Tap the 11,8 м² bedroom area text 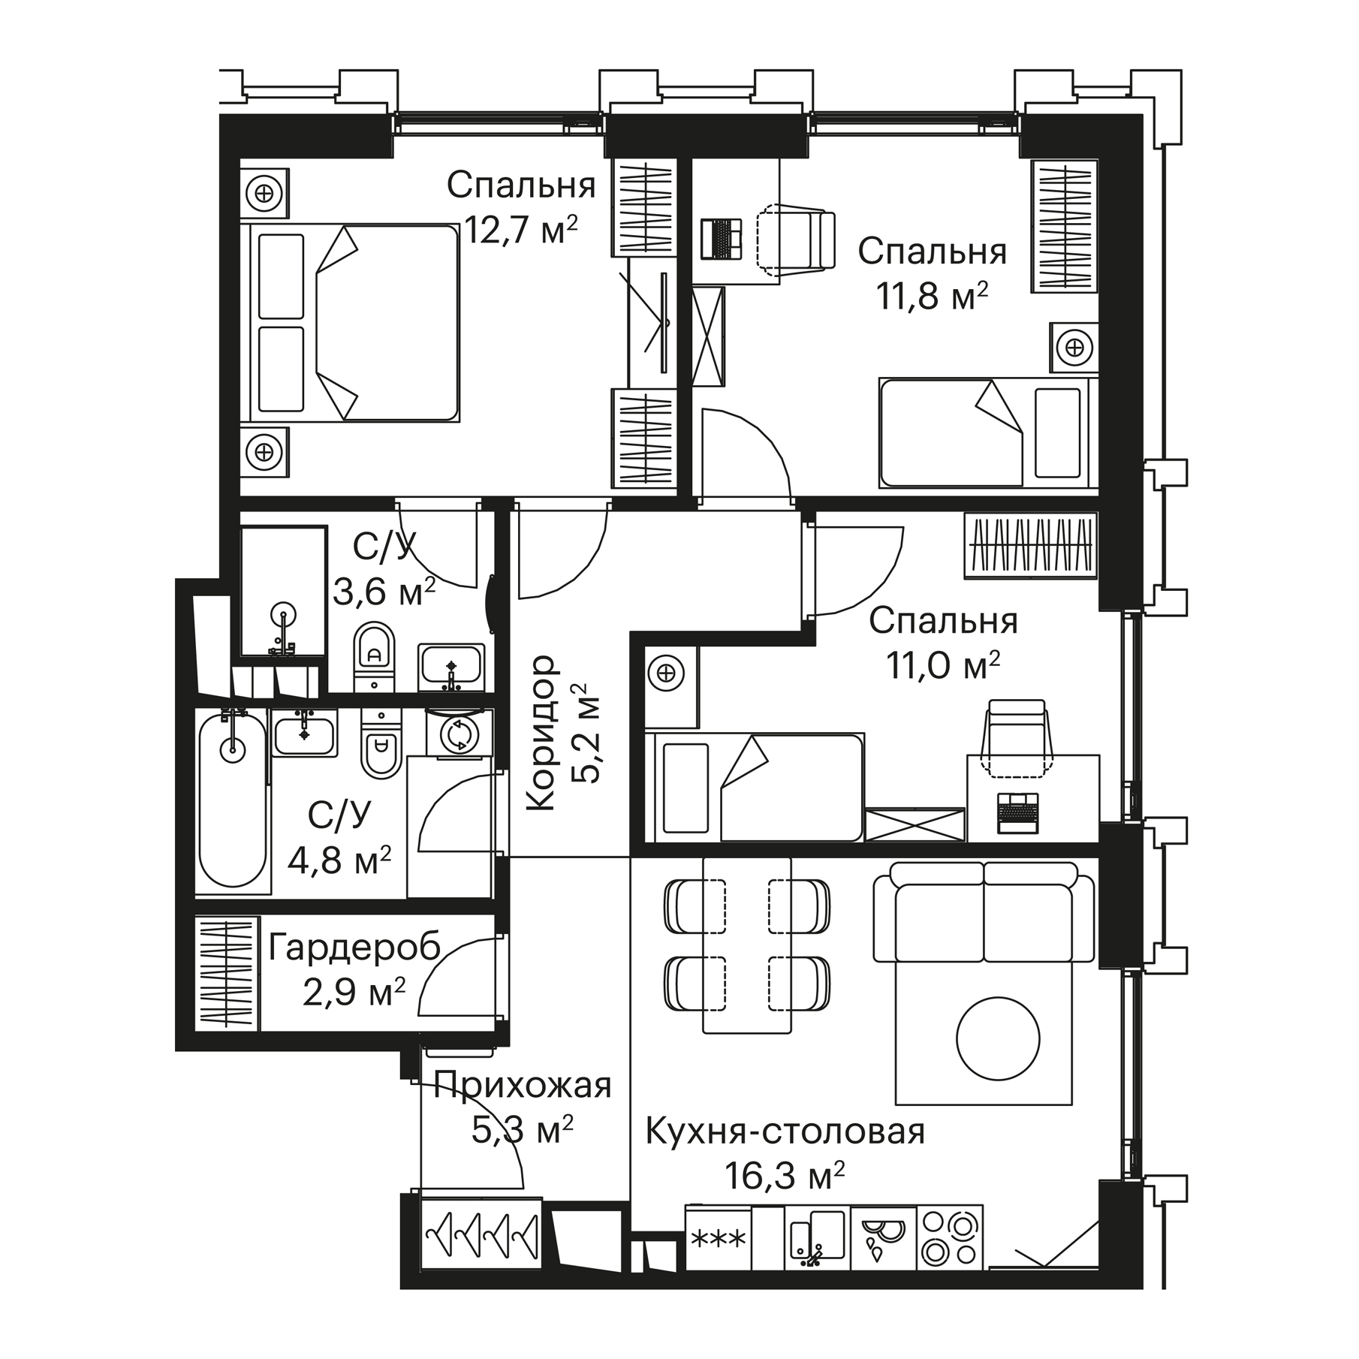931,296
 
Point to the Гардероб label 354,950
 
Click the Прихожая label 523,1086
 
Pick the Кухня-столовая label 785,1131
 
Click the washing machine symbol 459,734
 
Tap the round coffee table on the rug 998,1040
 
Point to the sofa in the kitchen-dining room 984,912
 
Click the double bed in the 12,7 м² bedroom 350,322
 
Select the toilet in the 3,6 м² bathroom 373,656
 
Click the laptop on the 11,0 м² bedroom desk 1018,813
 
